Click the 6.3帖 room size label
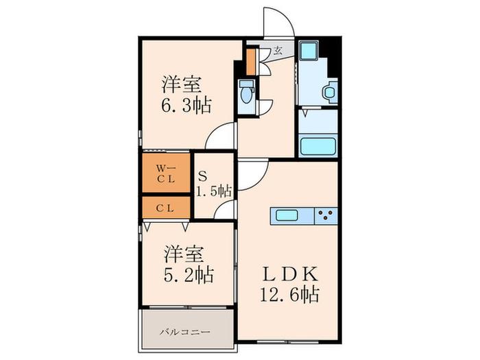pos(187,106)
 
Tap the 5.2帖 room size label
pos(189,274)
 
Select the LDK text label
pos(289,274)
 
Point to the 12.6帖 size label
pos(290,294)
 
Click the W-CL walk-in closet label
pos(166,173)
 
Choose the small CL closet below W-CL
pos(166,208)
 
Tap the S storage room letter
pos(202,177)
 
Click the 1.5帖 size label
pos(214,191)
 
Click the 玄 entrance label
pos(278,50)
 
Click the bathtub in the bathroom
pos(318,146)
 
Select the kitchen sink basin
pos(287,215)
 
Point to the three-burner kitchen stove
pos(326,215)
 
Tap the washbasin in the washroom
pos(329,91)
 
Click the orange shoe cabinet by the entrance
pos(251,62)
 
